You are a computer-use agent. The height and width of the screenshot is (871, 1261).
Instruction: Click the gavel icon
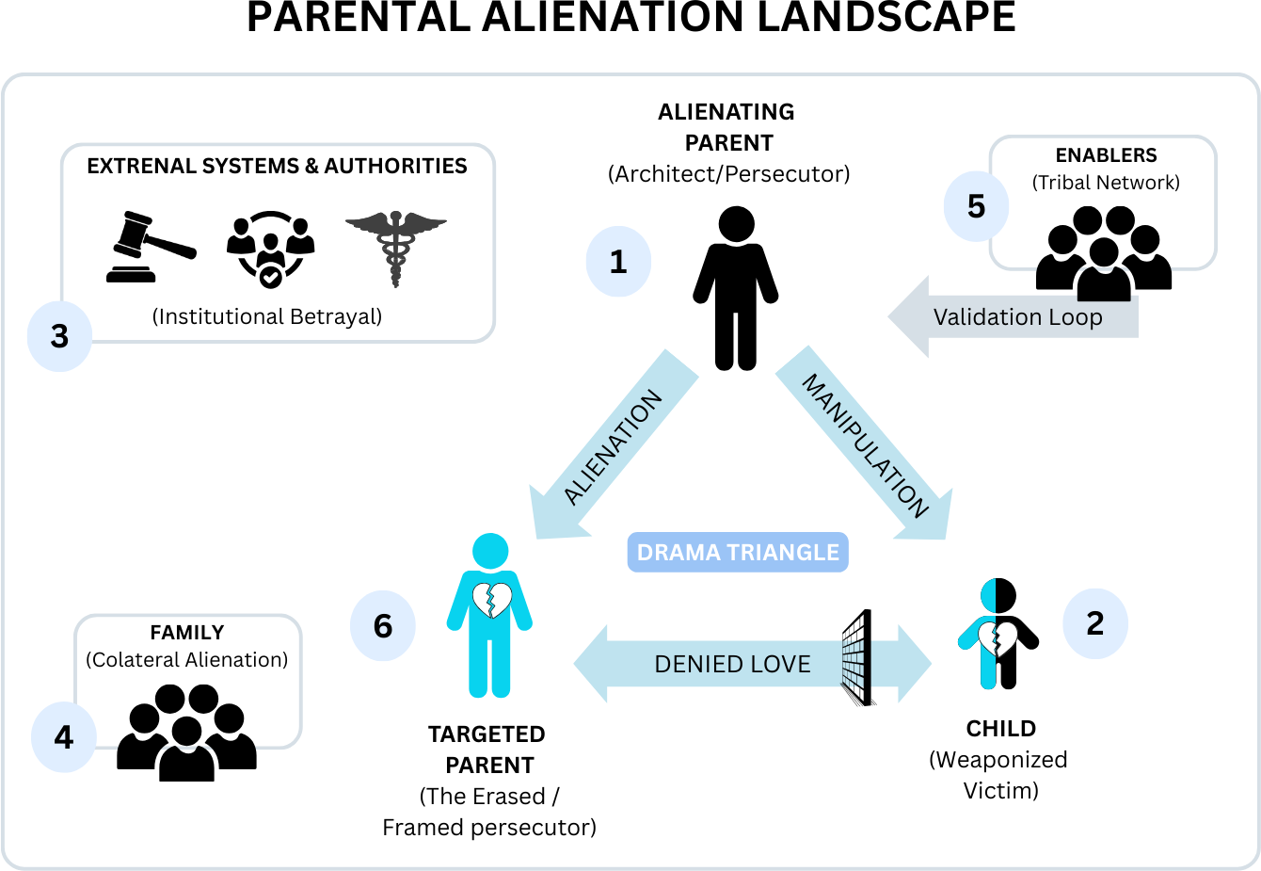151,248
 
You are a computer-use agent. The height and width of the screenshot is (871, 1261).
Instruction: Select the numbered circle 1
618,262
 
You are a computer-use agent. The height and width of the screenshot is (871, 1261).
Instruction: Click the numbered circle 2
1095,623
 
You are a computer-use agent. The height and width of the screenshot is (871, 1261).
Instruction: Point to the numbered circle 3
59,336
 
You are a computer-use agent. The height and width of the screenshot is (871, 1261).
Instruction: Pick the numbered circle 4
63,737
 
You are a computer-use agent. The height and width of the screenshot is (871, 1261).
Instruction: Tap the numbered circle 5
976,206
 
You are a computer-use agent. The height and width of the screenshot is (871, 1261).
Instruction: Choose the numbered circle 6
383,626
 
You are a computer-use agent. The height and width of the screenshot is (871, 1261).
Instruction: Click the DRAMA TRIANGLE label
738,553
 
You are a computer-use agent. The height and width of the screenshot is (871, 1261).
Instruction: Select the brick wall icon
857,657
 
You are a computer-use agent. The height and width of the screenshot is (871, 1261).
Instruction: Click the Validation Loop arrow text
1017,317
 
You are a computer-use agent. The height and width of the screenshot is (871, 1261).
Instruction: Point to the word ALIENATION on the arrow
614,447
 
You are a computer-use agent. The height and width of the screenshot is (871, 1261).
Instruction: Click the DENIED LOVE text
732,665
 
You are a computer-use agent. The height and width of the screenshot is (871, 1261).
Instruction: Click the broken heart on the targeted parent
490,600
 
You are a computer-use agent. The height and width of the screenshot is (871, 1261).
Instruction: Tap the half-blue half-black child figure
998,634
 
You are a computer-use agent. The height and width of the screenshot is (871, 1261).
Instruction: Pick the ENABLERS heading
1106,155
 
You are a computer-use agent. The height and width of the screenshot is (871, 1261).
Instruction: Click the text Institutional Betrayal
267,316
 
